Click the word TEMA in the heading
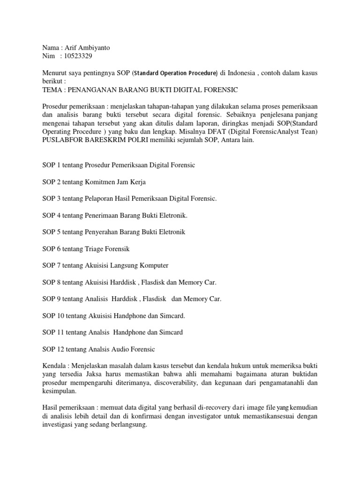(52, 89)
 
